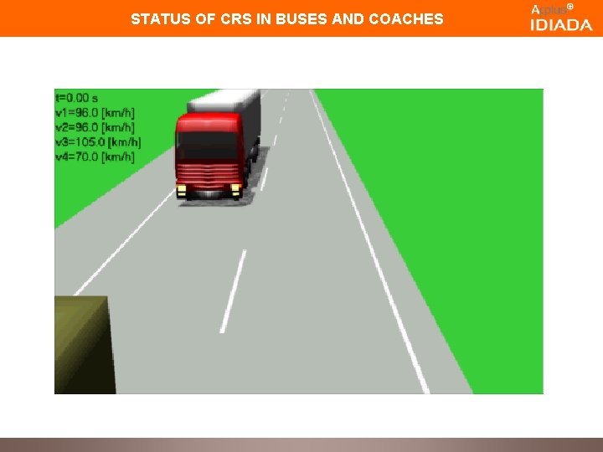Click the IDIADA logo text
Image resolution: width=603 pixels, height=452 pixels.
pyautogui.click(x=560, y=25)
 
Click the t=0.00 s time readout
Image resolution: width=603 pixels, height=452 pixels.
pyautogui.click(x=76, y=97)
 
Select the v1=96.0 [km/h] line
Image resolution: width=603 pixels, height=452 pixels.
pyautogui.click(x=95, y=112)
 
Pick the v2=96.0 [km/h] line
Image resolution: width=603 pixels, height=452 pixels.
pyautogui.click(x=95, y=127)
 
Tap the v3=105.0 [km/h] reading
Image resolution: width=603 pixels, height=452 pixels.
pyautogui.click(x=97, y=141)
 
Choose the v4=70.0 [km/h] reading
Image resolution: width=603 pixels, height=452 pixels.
pyautogui.click(x=95, y=157)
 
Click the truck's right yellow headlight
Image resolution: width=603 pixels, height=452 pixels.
pyautogui.click(x=237, y=188)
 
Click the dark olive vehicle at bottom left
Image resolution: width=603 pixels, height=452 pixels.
pyautogui.click(x=81, y=343)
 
